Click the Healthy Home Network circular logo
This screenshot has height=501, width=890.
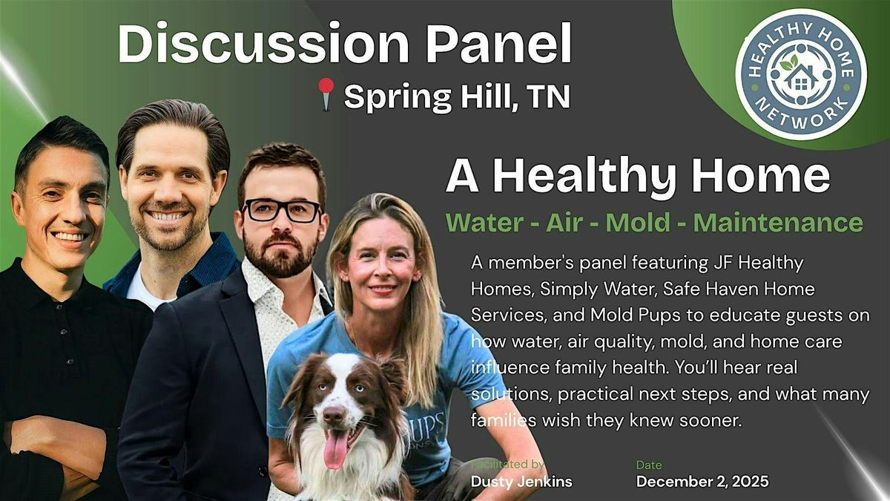coord(800,73)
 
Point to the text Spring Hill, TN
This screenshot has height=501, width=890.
coord(457,98)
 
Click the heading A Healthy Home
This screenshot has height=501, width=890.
coord(638,176)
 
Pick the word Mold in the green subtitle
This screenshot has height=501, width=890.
coord(636,222)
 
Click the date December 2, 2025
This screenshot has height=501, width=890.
coord(702,482)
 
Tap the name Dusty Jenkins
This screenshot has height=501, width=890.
coord(521,482)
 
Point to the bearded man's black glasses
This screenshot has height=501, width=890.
coord(282,211)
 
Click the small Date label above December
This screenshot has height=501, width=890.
coord(648,465)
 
